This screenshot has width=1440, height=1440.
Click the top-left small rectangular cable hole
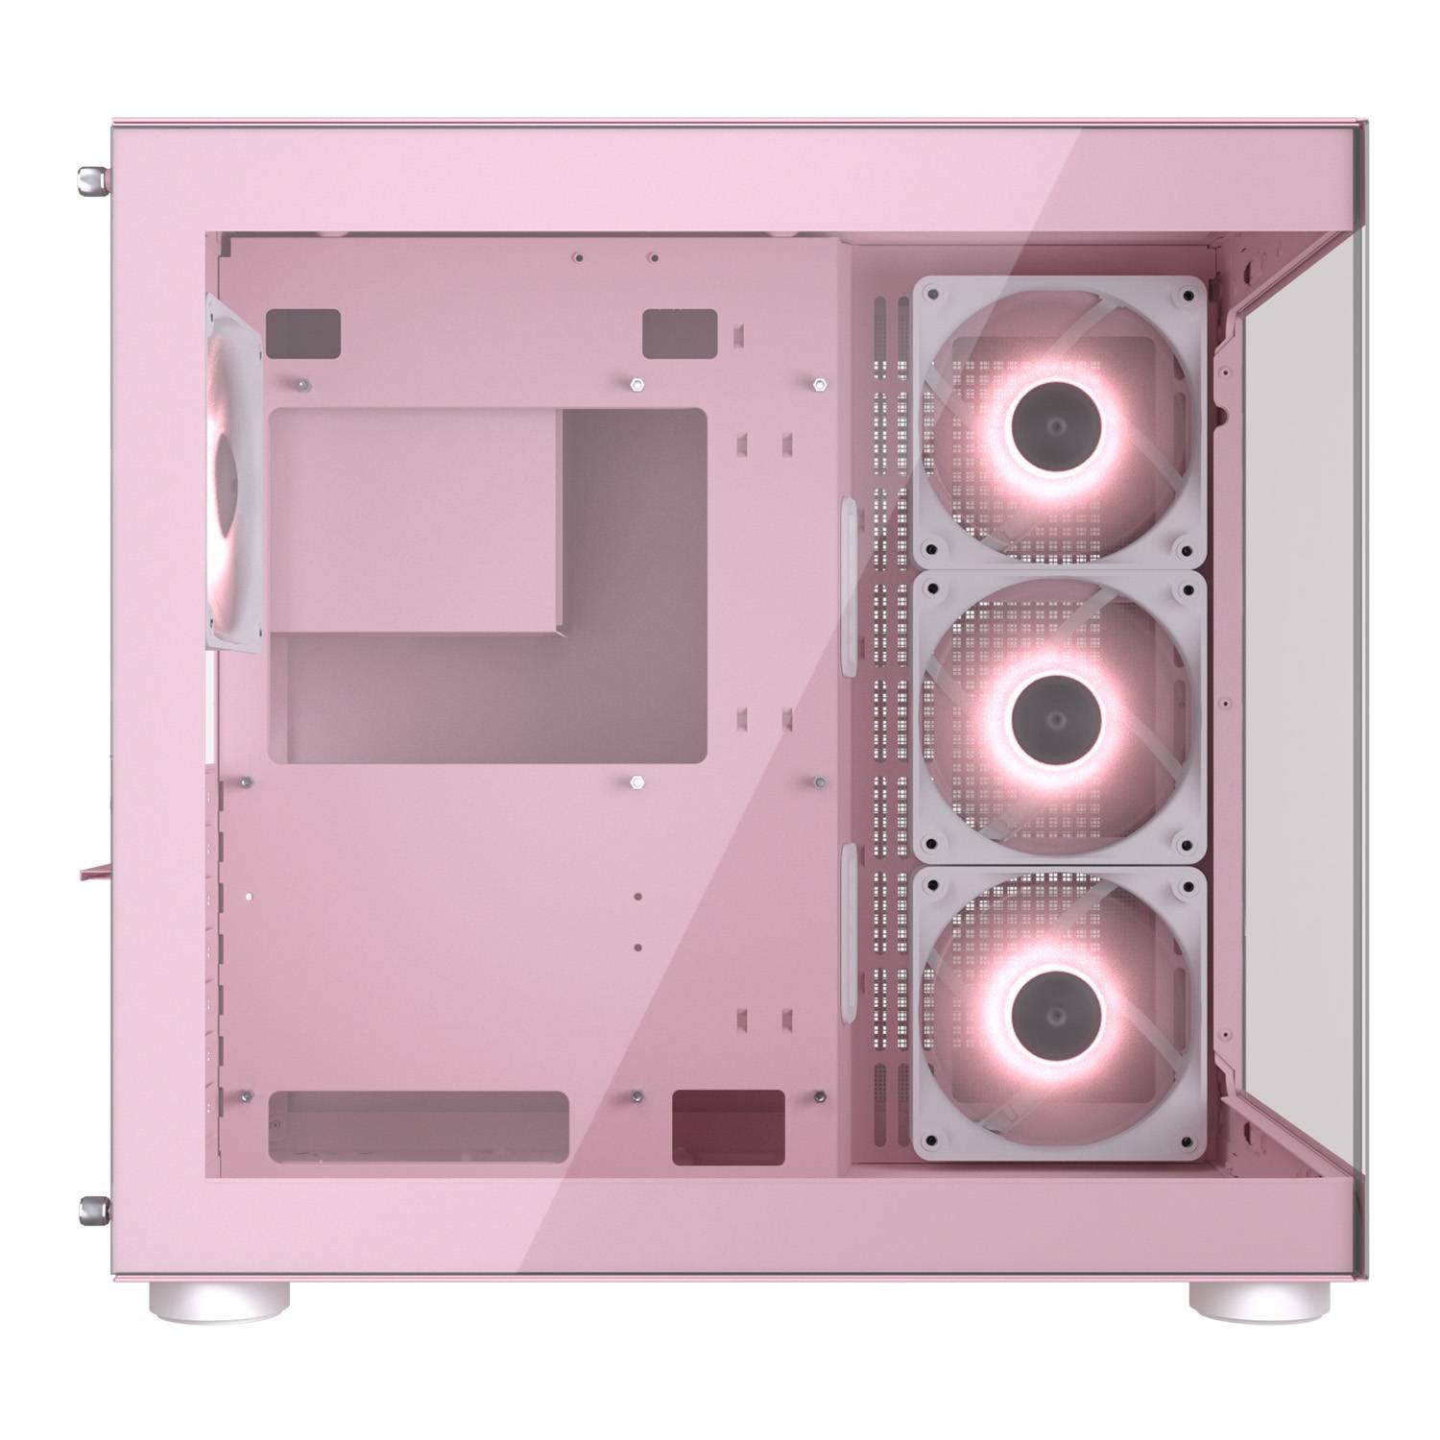pos(303,328)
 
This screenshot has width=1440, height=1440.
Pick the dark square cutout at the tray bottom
pos(729,1127)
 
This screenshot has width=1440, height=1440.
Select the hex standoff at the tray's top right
pos(818,384)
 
